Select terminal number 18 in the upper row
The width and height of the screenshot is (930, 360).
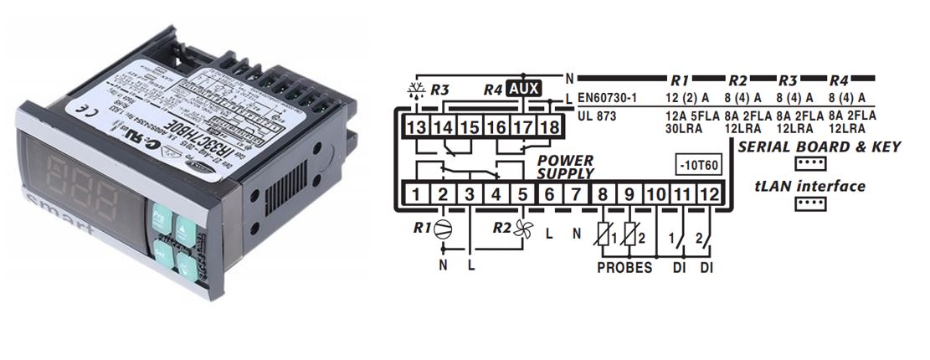[x=547, y=127]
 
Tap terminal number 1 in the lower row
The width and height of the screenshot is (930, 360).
[x=416, y=196]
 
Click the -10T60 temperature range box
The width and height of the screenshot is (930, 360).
[x=698, y=166]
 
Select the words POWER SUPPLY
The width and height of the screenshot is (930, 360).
[x=565, y=167]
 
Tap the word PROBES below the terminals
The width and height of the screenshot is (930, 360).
[x=624, y=269]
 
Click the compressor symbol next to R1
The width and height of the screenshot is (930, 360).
[x=443, y=228]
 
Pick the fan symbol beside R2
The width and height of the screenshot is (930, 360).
[x=523, y=229]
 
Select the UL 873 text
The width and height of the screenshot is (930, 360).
[x=597, y=116]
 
